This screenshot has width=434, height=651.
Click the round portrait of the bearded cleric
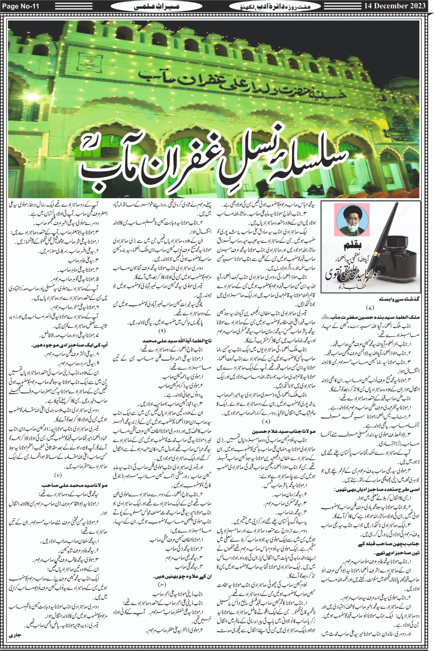pyautogui.click(x=350, y=220)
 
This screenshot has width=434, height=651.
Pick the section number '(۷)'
pyautogui.click(x=370, y=307)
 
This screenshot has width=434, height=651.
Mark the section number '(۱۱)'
pyautogui.click(x=57, y=475)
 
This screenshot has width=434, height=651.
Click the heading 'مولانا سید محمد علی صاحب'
pyautogui.click(x=74, y=485)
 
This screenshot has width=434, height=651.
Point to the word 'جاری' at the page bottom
pyautogui.click(x=15, y=635)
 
